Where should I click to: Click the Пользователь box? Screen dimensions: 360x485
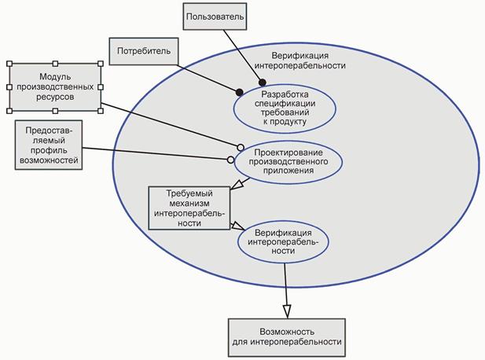[x=214, y=16]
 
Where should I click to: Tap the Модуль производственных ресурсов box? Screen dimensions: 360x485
[x=54, y=86]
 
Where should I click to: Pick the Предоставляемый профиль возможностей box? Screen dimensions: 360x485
[x=49, y=143]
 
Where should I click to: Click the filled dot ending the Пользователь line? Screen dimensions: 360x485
[x=262, y=82]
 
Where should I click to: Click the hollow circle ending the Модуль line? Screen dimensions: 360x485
[x=241, y=146]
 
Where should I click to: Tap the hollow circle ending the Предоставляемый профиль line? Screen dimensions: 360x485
[x=230, y=160]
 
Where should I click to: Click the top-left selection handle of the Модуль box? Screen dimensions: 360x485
[x=8, y=64]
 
